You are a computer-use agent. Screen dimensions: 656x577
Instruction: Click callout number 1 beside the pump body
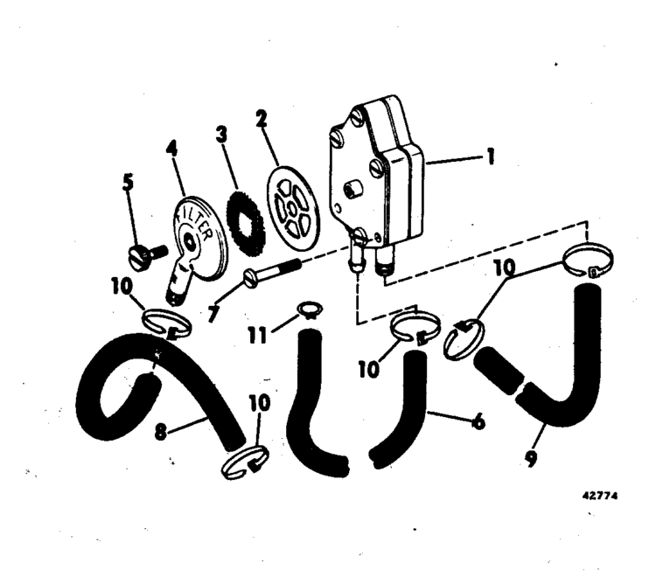tap(491, 156)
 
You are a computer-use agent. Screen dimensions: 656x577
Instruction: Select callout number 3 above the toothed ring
tap(221, 135)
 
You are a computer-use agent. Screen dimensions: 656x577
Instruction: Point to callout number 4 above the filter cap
tap(171, 149)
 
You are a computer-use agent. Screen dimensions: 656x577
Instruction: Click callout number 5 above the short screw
tap(128, 183)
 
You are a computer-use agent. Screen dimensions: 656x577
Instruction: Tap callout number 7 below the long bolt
tap(213, 314)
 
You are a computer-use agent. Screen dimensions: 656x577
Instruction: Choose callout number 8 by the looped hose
tap(161, 432)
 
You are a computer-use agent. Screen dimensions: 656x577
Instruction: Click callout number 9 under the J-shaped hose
tap(530, 459)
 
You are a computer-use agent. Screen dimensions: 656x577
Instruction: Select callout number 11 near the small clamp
tap(257, 335)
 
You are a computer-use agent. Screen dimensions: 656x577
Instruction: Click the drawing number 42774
tap(600, 496)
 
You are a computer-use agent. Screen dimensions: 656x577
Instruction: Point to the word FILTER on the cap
tap(198, 224)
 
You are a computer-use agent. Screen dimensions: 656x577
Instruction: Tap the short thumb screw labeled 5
tap(147, 256)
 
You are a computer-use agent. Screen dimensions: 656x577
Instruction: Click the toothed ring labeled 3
tap(245, 221)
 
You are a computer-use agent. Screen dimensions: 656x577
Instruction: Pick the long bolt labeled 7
tap(272, 272)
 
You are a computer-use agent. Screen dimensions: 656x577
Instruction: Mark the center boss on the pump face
tap(351, 189)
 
